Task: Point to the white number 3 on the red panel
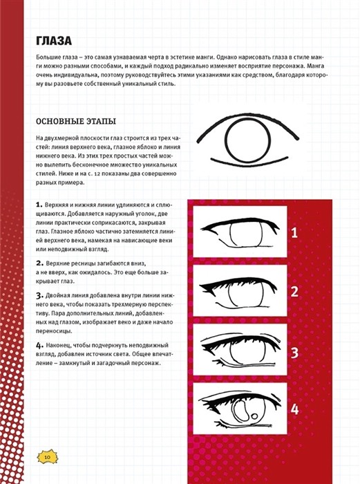[x=294, y=353]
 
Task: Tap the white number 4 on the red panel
[x=294, y=409]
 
